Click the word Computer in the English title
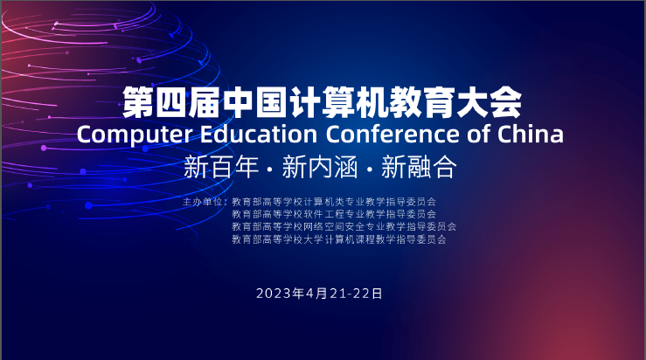tap(135, 135)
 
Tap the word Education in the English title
tap(259, 134)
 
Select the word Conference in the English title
tap(392, 134)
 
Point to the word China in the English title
tap(531, 134)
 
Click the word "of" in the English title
tap(478, 134)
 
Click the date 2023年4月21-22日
tap(319, 294)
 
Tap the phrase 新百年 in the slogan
tap(221, 167)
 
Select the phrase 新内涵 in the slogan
tap(320, 167)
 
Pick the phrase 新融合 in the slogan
tap(419, 167)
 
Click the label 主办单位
tap(202, 202)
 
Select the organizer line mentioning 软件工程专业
tap(334, 214)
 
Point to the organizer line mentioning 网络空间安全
tap(344, 226)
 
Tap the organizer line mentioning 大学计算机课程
tap(338, 239)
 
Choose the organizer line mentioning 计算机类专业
tap(334, 202)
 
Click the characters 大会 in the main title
tap(489, 101)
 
